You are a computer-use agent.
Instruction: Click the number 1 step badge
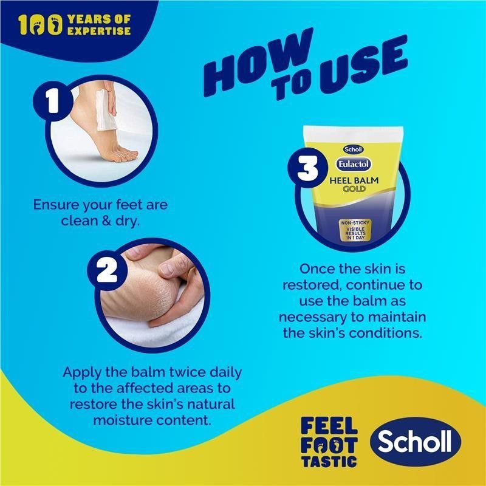[x=53, y=101]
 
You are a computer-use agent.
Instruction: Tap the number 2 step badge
[x=108, y=270]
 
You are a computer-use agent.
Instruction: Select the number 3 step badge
[x=308, y=168]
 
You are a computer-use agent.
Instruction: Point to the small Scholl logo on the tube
[x=353, y=149]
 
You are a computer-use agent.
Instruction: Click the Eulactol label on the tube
[x=354, y=164]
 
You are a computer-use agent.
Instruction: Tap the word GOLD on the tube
[x=354, y=189]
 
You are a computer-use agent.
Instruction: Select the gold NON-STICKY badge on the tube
[x=355, y=230]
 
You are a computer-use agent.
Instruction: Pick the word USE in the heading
[x=363, y=64]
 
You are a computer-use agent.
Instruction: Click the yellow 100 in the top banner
[x=40, y=25]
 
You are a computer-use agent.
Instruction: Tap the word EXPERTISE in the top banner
[x=99, y=31]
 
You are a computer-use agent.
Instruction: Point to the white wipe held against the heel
[x=105, y=110]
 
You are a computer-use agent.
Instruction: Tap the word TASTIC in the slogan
[x=329, y=462]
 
